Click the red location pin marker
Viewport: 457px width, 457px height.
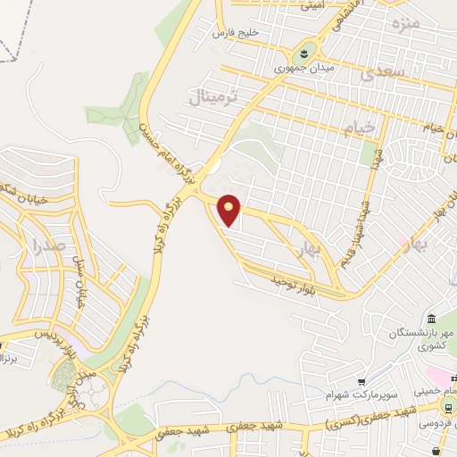229,209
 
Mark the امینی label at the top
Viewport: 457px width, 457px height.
313,5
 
